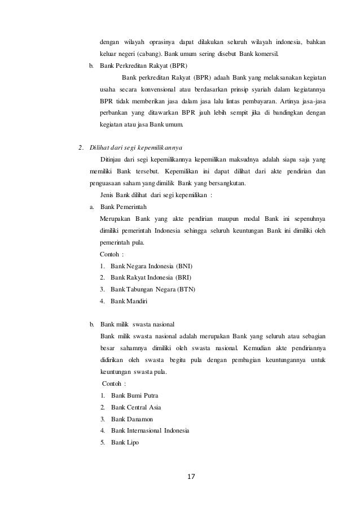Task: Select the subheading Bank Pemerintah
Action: [x=124, y=207]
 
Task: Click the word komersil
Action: [x=267, y=54]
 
